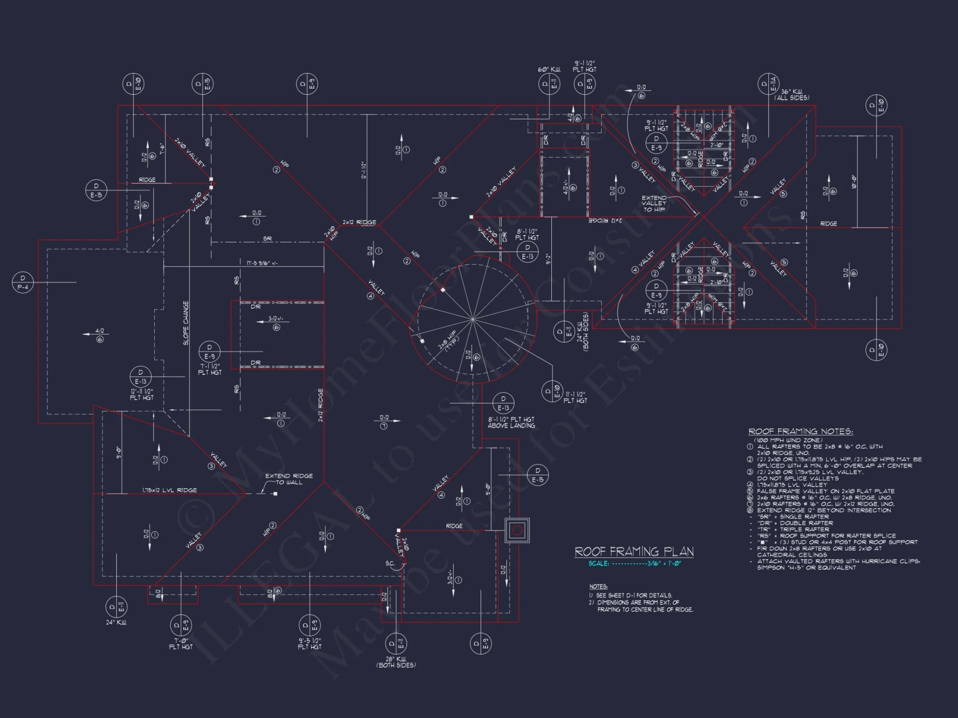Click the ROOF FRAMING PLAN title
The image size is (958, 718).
634,552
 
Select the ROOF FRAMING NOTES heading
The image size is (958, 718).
800,432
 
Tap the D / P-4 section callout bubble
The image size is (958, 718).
23,282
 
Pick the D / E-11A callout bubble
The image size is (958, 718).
768,84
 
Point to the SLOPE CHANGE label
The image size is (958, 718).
186,323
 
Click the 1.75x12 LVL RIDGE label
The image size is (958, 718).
170,490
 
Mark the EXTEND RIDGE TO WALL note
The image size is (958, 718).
289,479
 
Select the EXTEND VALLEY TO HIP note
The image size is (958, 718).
654,203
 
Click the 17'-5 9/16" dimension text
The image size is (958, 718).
262,263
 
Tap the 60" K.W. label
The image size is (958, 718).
549,70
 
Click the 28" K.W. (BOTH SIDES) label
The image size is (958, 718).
396,662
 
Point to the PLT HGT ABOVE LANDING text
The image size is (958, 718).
511,422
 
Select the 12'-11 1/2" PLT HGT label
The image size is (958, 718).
141,394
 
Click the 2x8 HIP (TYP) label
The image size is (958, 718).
448,340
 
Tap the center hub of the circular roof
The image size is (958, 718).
473,318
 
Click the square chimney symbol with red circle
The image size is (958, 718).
517,530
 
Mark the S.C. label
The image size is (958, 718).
390,563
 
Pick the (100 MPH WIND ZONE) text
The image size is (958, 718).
788,440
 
